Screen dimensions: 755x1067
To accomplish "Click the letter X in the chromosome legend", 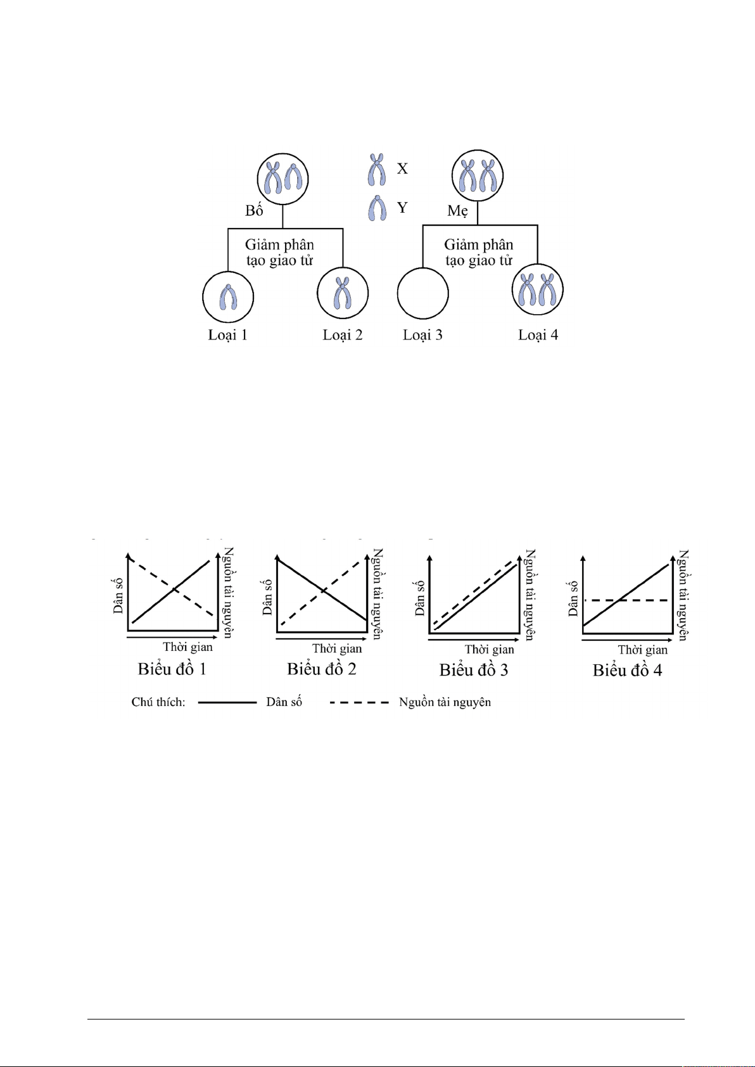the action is [402, 168].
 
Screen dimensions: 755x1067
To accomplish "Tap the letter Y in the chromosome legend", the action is [402, 208].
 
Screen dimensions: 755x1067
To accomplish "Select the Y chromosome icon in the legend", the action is [377, 208].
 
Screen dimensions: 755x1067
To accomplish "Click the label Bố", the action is [254, 210].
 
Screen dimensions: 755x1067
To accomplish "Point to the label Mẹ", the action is [457, 210].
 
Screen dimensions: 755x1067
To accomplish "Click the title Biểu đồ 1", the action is [172, 669].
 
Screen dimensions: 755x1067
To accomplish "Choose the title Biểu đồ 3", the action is [474, 670].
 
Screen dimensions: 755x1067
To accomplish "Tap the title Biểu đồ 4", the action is [627, 670].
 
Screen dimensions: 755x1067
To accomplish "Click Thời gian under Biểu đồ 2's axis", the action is [337, 648].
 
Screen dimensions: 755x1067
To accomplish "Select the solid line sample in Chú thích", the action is [227, 702].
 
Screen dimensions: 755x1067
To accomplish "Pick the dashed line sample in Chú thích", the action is [359, 702].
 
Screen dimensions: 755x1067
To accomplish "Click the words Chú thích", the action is [158, 702].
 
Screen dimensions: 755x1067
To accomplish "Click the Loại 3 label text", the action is [422, 335].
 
